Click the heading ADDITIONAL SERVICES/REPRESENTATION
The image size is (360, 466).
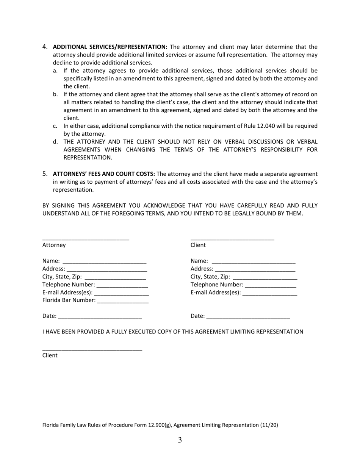[x=110, y=47]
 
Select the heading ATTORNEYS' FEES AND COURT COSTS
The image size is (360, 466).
[x=104, y=174]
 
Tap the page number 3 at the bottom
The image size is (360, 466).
[x=180, y=440]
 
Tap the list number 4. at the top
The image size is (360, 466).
[x=45, y=47]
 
